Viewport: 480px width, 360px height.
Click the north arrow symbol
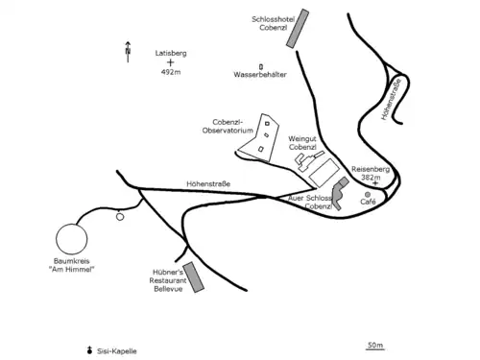click(128, 52)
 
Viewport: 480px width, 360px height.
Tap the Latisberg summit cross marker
click(171, 62)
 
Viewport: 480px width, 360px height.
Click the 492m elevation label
click(171, 72)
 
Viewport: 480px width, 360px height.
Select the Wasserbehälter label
click(260, 75)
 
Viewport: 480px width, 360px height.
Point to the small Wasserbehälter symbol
click(261, 67)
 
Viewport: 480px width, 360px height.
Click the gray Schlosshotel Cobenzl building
click(298, 29)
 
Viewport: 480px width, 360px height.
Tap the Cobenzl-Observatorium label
click(228, 127)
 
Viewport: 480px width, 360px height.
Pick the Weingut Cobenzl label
click(302, 143)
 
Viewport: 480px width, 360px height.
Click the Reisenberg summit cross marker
click(375, 183)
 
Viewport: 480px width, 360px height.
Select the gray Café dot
click(368, 195)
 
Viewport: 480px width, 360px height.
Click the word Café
click(368, 202)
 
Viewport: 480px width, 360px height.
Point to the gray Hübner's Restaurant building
click(194, 277)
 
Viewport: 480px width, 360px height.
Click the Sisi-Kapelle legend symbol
click(90, 350)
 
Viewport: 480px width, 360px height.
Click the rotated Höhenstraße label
click(391, 99)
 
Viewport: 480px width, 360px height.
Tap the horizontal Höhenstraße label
click(208, 184)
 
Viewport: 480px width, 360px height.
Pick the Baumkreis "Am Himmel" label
click(72, 265)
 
